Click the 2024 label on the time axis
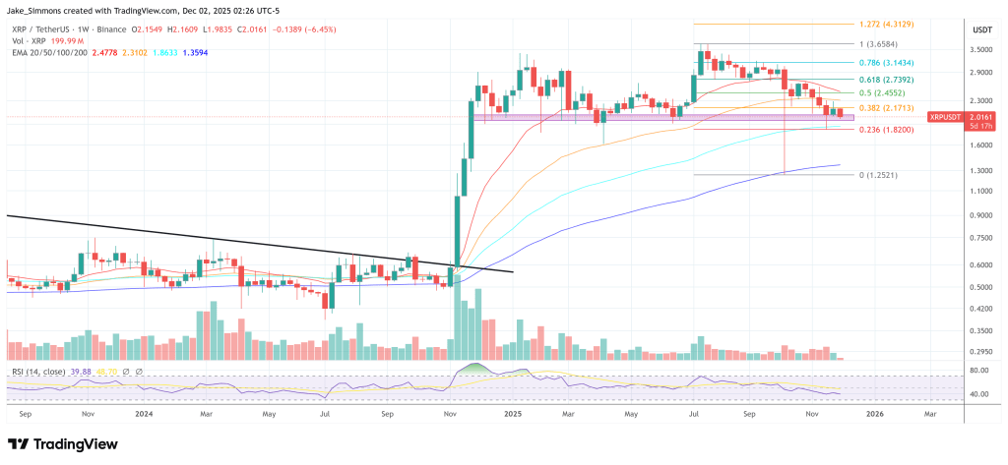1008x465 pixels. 145,415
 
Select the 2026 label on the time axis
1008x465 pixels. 874,415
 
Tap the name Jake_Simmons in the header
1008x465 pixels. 36,10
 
